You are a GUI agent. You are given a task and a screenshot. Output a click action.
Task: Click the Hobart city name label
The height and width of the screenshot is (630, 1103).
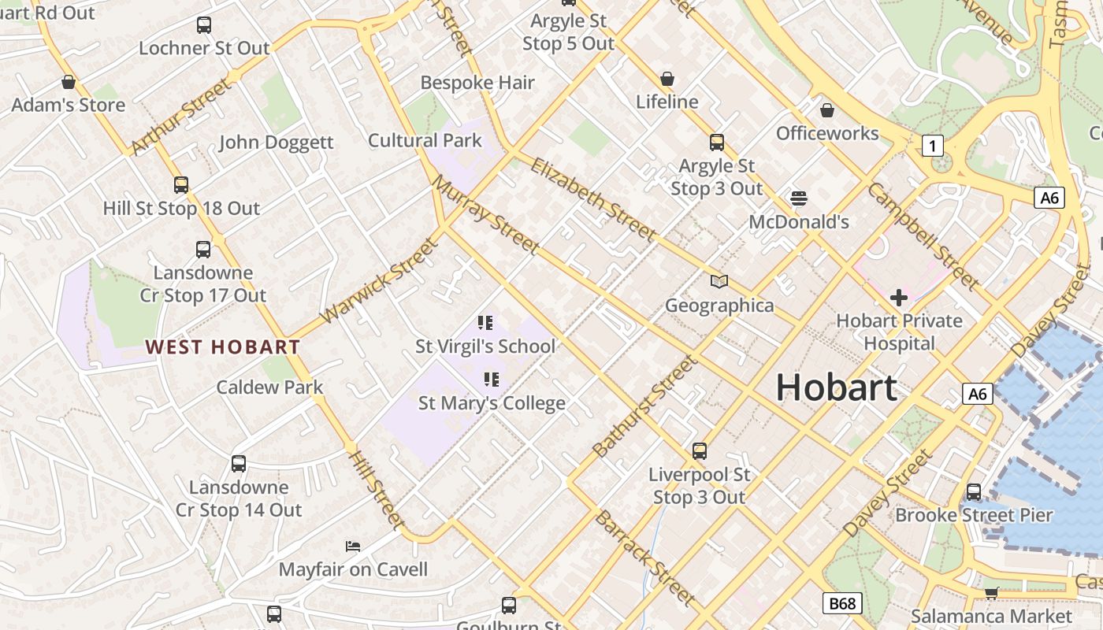837,387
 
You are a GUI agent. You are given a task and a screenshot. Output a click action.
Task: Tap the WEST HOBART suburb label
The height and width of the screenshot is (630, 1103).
223,346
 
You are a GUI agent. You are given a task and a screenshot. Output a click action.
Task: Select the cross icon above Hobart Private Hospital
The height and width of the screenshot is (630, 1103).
898,298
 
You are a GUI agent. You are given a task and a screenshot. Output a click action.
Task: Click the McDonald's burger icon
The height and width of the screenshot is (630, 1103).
799,198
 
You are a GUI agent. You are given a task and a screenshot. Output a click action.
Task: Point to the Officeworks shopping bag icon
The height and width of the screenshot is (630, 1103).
827,110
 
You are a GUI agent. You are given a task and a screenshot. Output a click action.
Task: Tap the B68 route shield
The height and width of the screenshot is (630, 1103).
841,604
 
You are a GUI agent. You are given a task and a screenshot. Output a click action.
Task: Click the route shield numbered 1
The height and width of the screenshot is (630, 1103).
933,146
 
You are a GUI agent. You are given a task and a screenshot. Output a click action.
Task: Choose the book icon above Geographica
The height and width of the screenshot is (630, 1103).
719,281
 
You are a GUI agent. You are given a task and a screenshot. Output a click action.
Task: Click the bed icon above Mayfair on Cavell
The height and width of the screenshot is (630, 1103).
353,546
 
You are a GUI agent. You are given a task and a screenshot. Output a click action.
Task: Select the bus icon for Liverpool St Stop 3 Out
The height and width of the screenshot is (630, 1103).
700,451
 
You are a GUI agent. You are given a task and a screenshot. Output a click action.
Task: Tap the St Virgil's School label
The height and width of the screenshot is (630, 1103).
485,346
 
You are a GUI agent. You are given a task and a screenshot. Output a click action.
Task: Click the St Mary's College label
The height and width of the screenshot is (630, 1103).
492,403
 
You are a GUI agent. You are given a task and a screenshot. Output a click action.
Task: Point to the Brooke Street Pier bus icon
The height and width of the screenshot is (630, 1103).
974,492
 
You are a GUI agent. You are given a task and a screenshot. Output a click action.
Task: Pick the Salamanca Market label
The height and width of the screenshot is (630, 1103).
991,616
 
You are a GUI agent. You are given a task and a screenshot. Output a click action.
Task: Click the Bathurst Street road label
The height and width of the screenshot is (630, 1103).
644,406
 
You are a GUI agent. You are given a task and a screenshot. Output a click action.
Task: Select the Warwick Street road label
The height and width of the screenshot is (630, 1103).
379,280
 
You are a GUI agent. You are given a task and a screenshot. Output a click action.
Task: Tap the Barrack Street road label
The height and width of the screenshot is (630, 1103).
644,558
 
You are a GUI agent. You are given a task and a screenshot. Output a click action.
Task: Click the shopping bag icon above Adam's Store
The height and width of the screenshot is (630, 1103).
69,82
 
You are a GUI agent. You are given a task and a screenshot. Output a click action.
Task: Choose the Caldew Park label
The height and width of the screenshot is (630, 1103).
269,387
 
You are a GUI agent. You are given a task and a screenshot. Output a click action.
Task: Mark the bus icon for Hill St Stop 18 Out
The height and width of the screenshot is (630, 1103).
181,185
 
